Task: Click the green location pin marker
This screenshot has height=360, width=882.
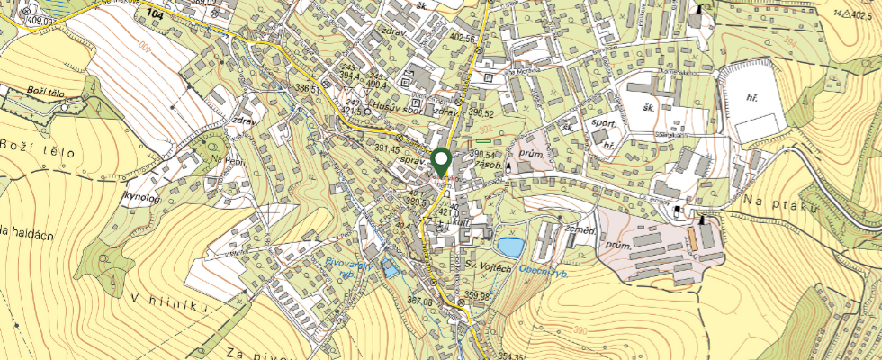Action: click(x=441, y=162)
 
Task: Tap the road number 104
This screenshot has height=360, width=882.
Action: click(x=156, y=16)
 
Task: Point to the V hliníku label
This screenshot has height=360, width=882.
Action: click(x=170, y=302)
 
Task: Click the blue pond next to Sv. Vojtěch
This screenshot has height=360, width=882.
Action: click(x=510, y=246)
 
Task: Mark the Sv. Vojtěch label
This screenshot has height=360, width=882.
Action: click(x=490, y=268)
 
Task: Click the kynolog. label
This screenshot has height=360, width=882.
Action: click(x=144, y=196)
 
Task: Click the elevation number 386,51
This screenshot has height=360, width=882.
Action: click(x=308, y=89)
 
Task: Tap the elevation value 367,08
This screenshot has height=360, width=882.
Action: click(x=420, y=301)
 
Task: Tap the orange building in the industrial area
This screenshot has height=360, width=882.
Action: click(x=693, y=238)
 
